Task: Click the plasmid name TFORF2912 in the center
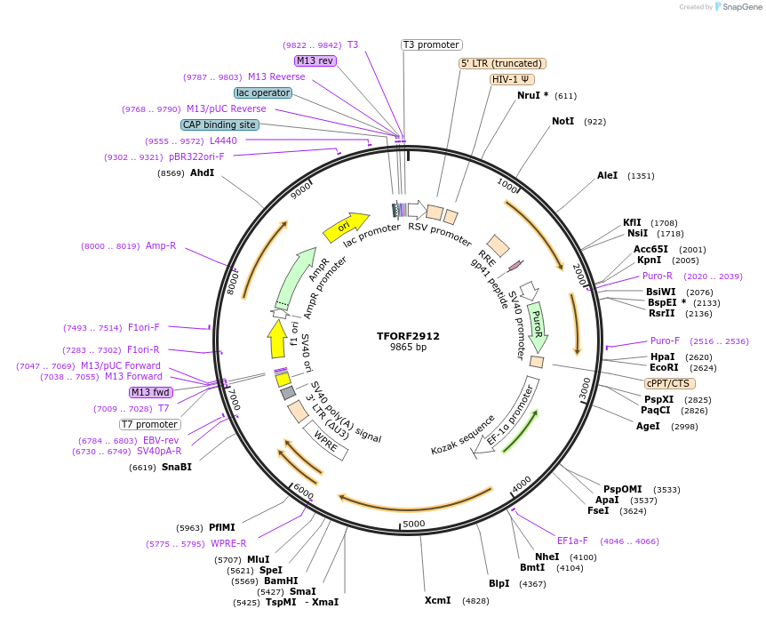point(408,336)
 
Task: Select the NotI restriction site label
point(563,121)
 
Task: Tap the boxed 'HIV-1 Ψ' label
point(512,79)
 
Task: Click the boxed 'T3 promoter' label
point(432,44)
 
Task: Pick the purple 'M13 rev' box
point(315,60)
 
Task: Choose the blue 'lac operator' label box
point(263,92)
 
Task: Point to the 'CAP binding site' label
point(219,125)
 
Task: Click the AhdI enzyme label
point(202,172)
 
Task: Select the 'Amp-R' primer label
point(161,245)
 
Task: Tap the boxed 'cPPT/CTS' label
point(668,383)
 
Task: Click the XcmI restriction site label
point(437,600)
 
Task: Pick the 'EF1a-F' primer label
point(573,541)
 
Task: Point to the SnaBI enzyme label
point(176,467)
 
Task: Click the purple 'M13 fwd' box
point(151,392)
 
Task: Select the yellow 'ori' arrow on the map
point(347,227)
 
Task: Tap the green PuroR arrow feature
point(537,325)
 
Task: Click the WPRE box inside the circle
point(326,441)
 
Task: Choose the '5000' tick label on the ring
point(414,524)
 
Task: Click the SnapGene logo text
point(739,7)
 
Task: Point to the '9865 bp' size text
point(408,348)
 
